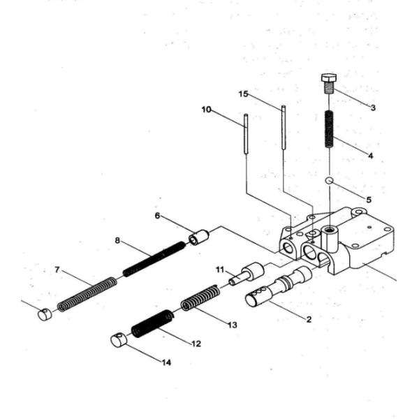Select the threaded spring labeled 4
click(330, 128)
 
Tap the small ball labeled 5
click(329, 181)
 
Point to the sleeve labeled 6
click(200, 237)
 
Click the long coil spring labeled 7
click(87, 294)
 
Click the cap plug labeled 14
click(119, 340)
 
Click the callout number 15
click(243, 93)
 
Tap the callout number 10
click(206, 110)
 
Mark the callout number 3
click(373, 108)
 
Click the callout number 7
click(57, 270)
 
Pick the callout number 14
click(166, 362)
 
